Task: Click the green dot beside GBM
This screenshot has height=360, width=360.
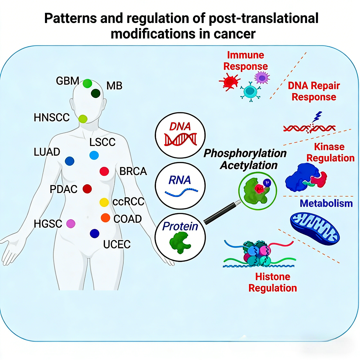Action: pyautogui.click(x=87, y=83)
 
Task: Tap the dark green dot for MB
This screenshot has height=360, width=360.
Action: pyautogui.click(x=96, y=93)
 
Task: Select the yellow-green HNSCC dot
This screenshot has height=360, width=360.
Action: pyautogui.click(x=83, y=118)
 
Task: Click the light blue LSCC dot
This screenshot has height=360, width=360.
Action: pyautogui.click(x=94, y=155)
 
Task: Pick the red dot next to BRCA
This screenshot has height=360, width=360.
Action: pyautogui.click(x=104, y=171)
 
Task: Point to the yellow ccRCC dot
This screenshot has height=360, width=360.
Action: pyautogui.click(x=104, y=202)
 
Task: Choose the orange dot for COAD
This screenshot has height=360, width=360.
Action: pyautogui.click(x=105, y=218)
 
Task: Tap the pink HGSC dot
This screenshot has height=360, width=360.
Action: pyautogui.click(x=71, y=224)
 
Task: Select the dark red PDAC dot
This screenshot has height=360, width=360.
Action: pyautogui.click(x=87, y=189)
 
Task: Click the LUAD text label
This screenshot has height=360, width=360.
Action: pyautogui.click(x=47, y=152)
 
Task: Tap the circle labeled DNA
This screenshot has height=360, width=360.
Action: pyautogui.click(x=180, y=134)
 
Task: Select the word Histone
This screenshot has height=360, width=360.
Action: pyautogui.click(x=273, y=277)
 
